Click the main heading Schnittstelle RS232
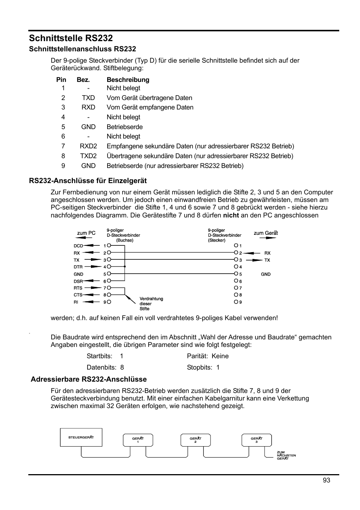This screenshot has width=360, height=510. tap(71, 38)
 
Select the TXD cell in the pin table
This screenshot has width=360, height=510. tap(88, 98)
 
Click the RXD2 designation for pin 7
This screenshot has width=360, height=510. tap(88, 146)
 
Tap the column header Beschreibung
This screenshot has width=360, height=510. tap(128, 80)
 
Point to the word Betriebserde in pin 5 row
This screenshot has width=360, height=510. tap(125, 127)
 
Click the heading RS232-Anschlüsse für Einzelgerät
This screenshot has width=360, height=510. tap(88, 180)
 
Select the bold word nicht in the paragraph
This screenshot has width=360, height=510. tap(231, 215)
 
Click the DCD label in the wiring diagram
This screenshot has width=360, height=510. tap(78, 246)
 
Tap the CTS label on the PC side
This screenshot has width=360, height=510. tap(78, 295)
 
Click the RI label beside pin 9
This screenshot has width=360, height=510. tap(76, 302)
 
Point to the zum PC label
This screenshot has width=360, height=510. tap(86, 233)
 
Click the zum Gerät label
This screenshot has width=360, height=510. tap(266, 233)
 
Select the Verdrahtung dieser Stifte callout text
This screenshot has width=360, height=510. tap(151, 304)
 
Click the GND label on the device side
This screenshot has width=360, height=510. tap(266, 274)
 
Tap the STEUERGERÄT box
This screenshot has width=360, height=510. tap(81, 437)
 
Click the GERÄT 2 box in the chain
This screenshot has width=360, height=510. tap(195, 440)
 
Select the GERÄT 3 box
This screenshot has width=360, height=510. tap(257, 440)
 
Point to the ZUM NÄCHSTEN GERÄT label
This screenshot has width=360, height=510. tap(286, 455)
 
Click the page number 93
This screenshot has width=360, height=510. tap(326, 480)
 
